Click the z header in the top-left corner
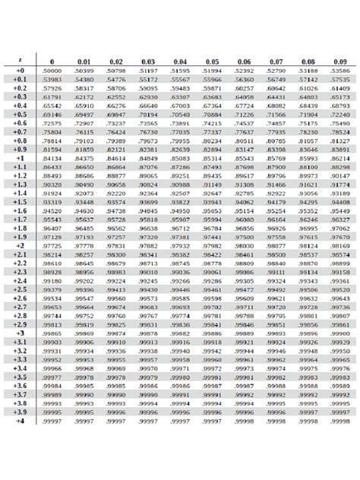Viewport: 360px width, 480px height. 20,61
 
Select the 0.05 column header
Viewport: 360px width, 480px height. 212,61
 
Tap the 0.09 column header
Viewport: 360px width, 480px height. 340,61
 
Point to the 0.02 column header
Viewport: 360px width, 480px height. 116,61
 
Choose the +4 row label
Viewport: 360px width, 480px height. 20,420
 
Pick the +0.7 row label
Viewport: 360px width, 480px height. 20,131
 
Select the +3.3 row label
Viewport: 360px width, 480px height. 20,359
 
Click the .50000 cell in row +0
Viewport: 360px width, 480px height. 52,71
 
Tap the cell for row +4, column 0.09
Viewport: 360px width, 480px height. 340,420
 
